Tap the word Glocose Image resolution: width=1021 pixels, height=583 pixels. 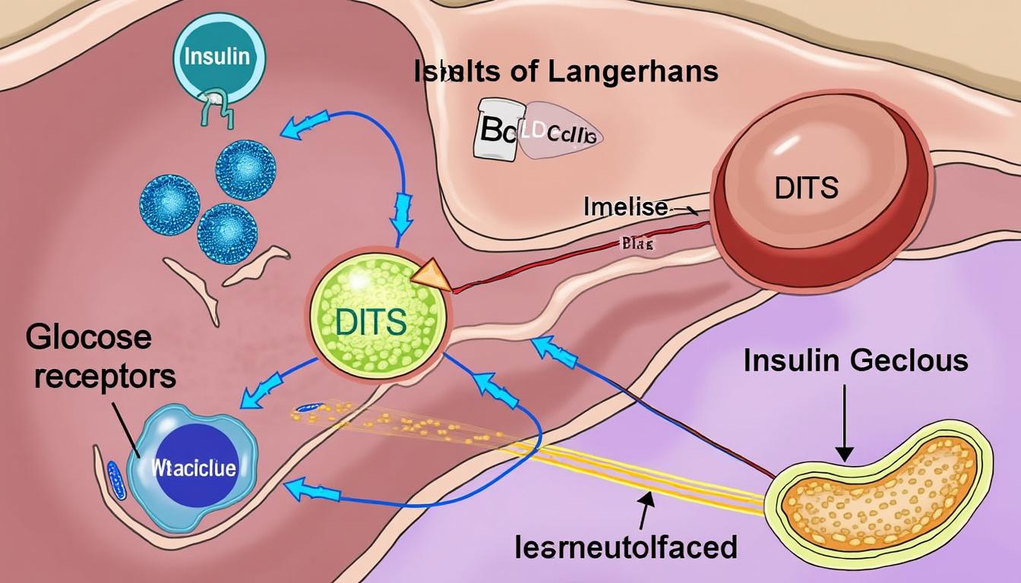click(x=89, y=337)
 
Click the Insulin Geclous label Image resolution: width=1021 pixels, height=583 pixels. click(x=855, y=360)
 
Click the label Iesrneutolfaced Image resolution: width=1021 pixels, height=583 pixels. click(x=624, y=547)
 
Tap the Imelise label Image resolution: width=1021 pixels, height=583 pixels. click(x=625, y=206)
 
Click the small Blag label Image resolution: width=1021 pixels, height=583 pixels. click(x=637, y=244)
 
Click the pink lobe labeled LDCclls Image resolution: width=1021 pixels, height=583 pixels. click(x=558, y=131)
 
